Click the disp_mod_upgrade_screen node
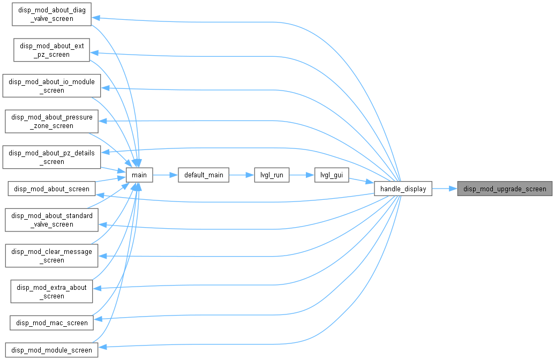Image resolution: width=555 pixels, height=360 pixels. (505, 189)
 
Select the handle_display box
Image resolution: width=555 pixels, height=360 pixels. (403, 189)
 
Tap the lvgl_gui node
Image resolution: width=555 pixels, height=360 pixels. (332, 175)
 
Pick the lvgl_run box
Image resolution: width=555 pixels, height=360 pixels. (272, 175)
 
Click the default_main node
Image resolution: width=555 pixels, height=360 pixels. (204, 175)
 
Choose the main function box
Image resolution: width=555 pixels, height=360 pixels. (139, 175)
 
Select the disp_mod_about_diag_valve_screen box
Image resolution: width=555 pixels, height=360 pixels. (51, 14)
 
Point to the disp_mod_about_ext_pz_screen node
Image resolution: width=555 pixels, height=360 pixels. (51, 50)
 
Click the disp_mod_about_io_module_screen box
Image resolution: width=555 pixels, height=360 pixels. (51, 86)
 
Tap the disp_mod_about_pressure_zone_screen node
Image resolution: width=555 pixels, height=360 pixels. (51, 122)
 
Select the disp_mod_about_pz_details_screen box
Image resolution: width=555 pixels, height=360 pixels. (51, 157)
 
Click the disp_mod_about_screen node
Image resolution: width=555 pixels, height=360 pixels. (51, 189)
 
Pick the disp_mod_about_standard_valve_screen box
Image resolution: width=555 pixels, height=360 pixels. (51, 220)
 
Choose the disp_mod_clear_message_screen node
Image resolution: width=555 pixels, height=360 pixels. (51, 256)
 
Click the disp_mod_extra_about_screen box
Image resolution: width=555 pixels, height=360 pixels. (51, 291)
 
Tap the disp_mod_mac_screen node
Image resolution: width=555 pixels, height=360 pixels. (51, 323)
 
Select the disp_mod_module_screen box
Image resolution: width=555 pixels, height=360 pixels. (51, 350)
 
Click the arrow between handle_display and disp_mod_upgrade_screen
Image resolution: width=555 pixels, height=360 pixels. (445, 189)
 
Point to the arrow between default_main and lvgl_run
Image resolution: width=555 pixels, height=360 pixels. (242, 175)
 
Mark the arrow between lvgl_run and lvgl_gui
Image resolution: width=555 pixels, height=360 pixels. (302, 175)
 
